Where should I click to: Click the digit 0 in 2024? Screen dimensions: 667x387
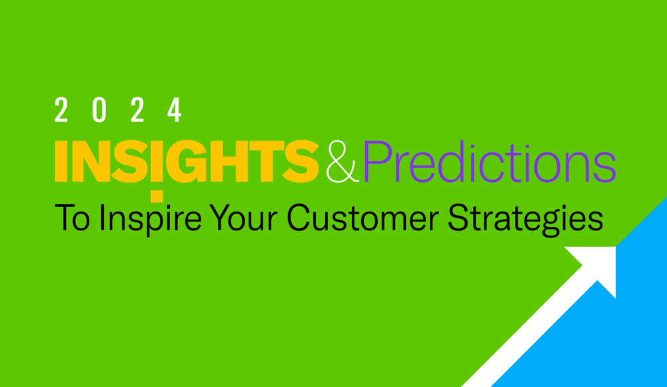[x=99, y=110]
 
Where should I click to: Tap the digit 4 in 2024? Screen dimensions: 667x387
[x=175, y=110]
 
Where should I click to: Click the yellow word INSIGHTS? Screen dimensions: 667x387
[x=187, y=161]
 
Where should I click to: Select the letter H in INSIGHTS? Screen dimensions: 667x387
[x=227, y=161]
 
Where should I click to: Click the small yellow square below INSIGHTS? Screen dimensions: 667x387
[x=157, y=196]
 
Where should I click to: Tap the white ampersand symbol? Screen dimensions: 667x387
[x=342, y=161]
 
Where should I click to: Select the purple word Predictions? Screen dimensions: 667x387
[x=489, y=161]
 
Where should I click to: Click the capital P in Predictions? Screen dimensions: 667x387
[x=377, y=161]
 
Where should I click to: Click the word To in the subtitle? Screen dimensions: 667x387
[x=73, y=218]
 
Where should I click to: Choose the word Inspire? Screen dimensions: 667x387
[x=150, y=220]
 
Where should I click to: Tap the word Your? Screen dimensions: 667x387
[x=244, y=218]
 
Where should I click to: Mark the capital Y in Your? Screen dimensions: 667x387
[x=221, y=218]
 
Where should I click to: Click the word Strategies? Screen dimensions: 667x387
[x=525, y=220]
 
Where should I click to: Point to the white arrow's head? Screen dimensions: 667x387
[x=598, y=265]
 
